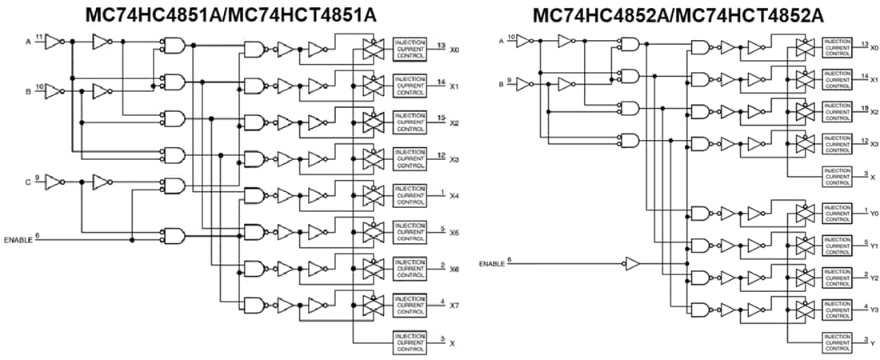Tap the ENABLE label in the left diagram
(18, 239)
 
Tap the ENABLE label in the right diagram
(492, 263)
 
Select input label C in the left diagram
(27, 182)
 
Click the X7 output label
(454, 306)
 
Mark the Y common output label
(872, 343)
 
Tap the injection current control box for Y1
(838, 244)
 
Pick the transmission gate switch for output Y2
(804, 277)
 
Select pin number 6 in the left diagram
(38, 235)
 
